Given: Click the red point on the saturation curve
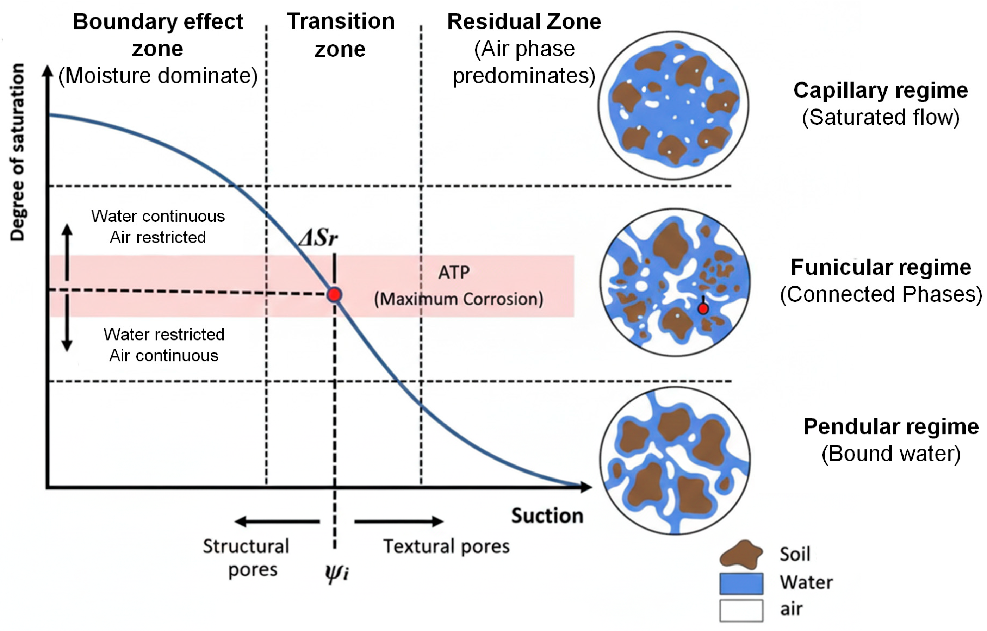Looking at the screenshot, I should coord(335,295).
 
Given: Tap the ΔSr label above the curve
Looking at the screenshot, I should coord(318,237).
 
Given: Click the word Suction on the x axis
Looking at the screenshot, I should coord(547,516).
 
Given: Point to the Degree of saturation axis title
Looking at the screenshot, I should coord(18,152).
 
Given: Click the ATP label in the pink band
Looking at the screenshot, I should coord(454,273).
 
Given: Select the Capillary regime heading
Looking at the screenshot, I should coord(880,90).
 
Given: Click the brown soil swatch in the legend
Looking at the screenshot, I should coord(741,555).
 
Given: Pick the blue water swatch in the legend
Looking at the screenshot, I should coord(741,583).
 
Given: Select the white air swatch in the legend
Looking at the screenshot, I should coord(741,610).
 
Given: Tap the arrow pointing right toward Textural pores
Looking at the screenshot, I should coord(399,521).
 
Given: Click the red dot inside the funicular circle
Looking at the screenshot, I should coord(703,308).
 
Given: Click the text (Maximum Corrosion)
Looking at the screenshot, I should coord(459,299).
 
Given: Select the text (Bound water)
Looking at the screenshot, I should coord(891,454).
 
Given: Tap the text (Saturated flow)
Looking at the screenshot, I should coord(880,117).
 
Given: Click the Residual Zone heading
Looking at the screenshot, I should coord(524,22).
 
